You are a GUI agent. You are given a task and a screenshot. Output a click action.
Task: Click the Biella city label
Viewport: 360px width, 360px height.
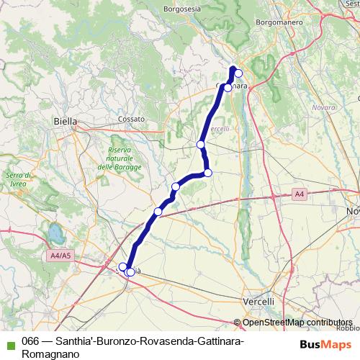65,122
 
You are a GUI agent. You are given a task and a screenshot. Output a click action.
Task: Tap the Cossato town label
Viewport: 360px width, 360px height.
132,118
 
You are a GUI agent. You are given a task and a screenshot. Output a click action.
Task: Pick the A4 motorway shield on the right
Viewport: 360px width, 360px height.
300,194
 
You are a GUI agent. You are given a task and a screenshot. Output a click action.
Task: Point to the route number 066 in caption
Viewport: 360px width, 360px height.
30,341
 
